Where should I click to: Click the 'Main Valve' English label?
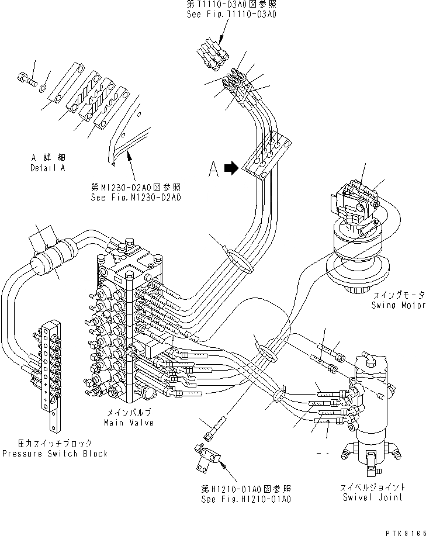(129, 423)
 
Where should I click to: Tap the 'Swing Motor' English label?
(398, 306)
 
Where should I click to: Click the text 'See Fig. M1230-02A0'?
(136, 198)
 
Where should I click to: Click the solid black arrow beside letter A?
(231, 168)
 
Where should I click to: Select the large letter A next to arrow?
(214, 169)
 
